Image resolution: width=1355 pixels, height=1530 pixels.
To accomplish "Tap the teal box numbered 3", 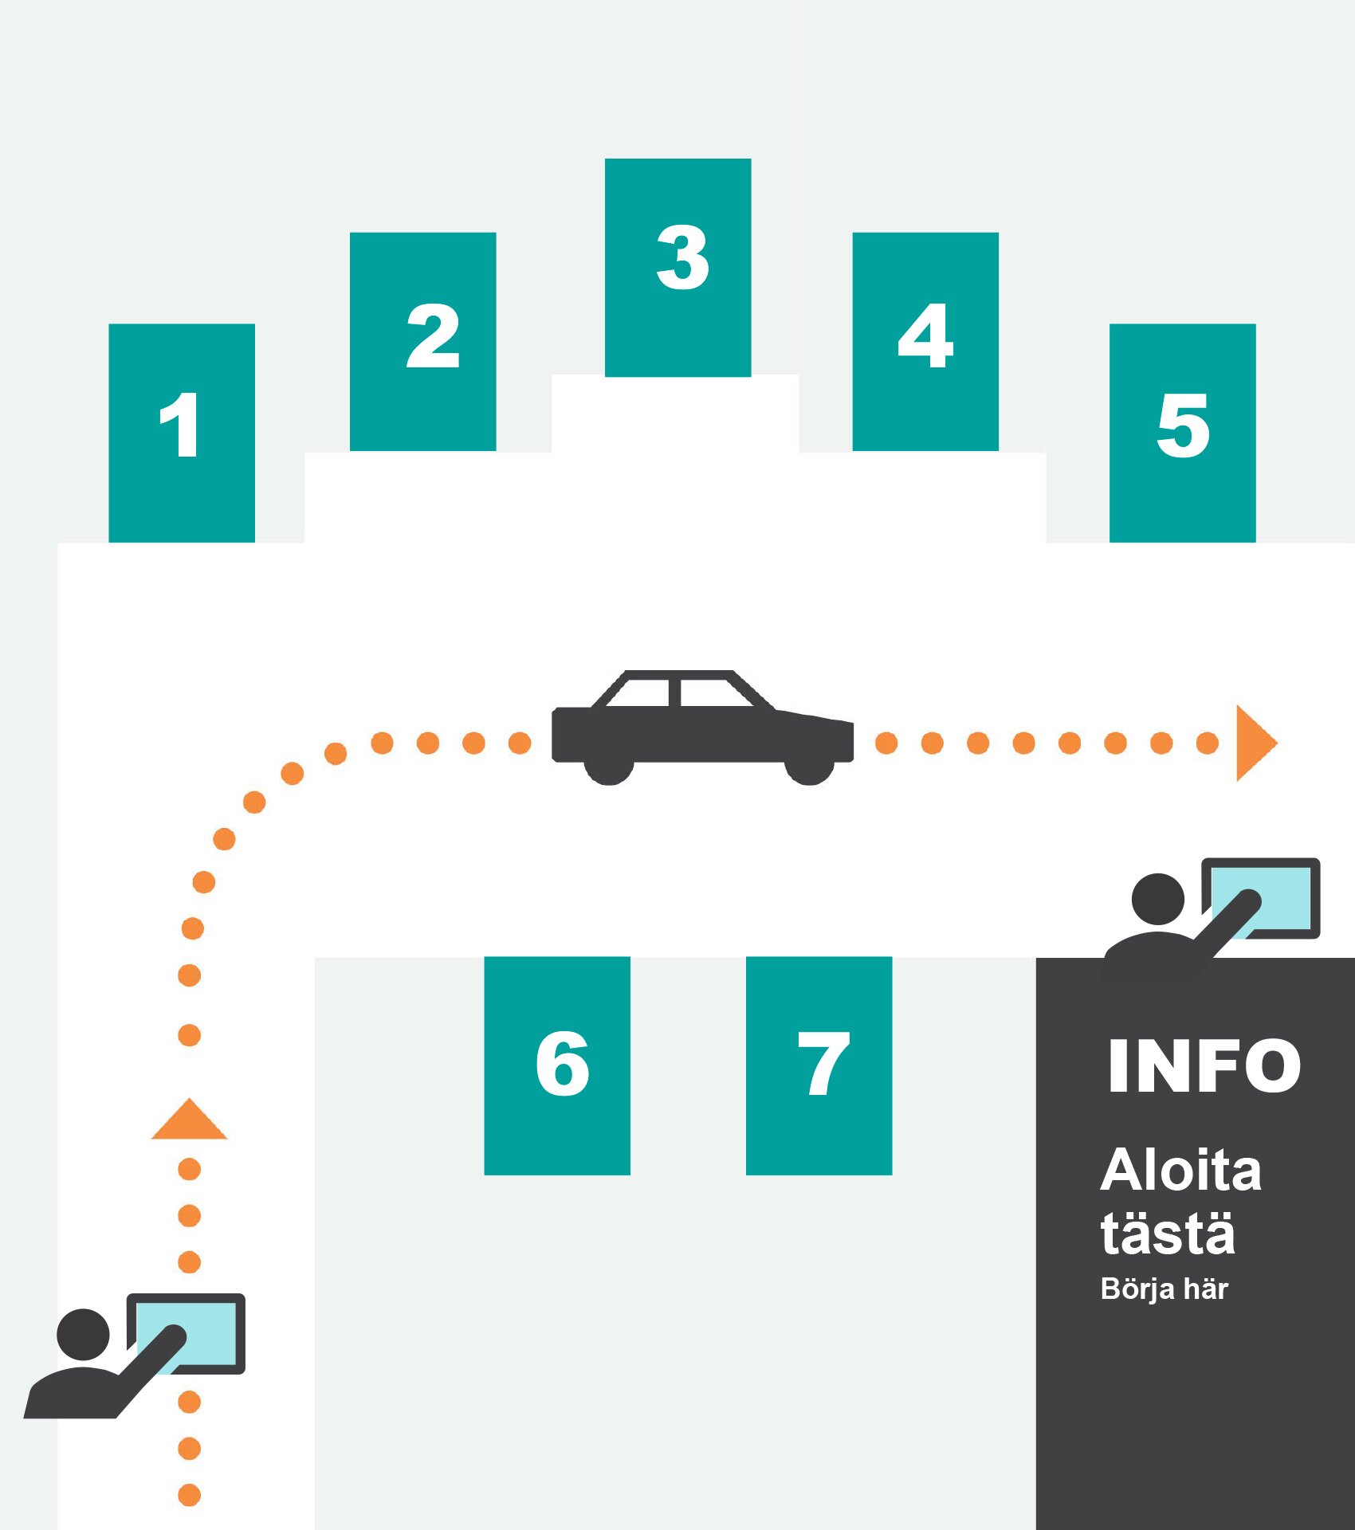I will coord(677,267).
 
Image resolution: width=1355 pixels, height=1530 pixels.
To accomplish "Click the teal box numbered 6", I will coord(557,1065).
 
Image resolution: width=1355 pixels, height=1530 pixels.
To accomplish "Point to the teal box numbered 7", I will coord(819,1065).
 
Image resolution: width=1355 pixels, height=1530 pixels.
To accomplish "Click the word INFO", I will coord(1204,1065).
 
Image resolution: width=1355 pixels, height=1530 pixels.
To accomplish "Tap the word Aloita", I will coord(1180,1171).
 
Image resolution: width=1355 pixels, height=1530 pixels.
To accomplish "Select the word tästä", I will coord(1168,1234).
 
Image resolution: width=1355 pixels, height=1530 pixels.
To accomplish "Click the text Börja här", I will coord(1164,1289).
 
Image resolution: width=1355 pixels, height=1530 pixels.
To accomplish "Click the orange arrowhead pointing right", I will coord(1254,743).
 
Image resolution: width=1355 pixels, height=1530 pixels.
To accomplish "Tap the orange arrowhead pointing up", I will coord(189,1121).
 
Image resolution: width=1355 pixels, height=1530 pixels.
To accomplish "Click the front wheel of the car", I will coord(809,769).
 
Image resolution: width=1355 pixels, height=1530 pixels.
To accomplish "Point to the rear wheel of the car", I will coord(609,769).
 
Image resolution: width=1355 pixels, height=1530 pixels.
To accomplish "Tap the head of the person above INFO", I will coord(1157,899).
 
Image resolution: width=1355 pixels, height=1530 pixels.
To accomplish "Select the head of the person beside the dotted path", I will coord(83,1335).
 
